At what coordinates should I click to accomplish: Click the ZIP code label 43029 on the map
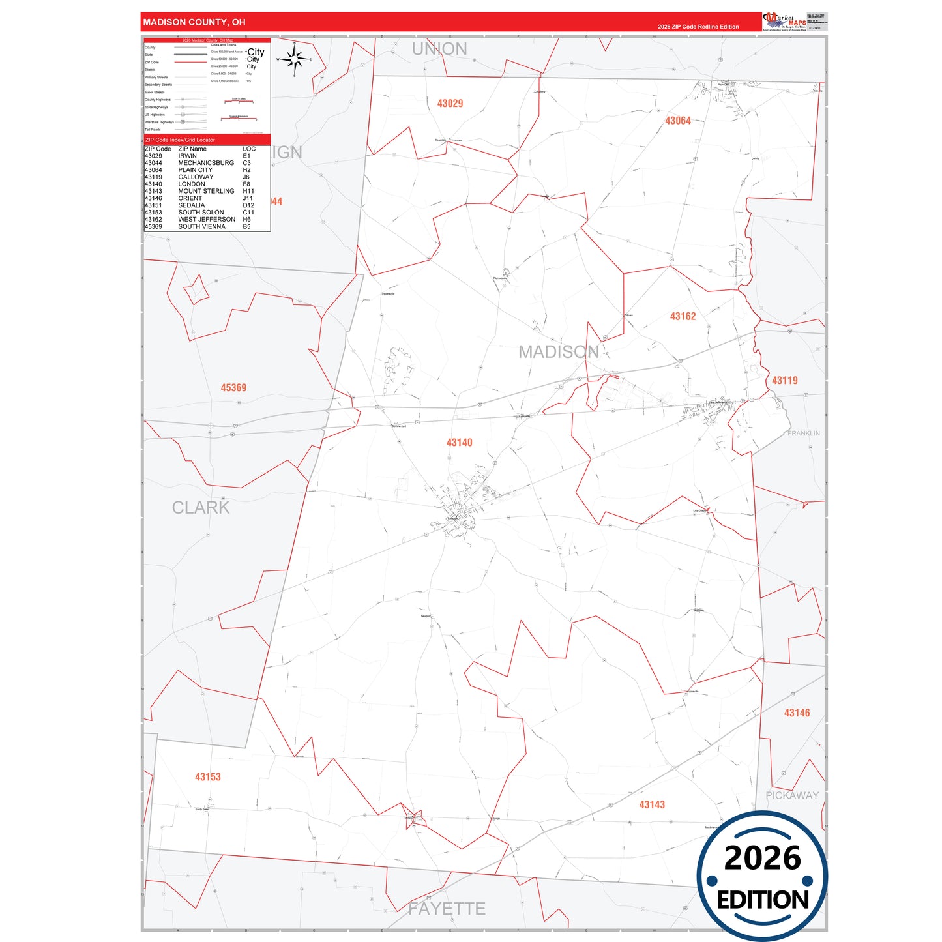click(450, 104)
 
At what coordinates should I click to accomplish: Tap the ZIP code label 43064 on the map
click(677, 121)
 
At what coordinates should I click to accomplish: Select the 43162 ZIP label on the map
click(683, 316)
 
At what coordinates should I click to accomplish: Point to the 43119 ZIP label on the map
click(784, 380)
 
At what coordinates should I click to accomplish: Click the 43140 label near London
click(459, 443)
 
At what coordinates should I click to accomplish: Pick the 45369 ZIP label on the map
click(233, 388)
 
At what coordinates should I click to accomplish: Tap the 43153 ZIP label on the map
click(207, 777)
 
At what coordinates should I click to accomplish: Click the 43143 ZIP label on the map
click(651, 805)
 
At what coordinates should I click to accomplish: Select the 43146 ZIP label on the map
click(797, 713)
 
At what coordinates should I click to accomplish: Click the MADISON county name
click(559, 352)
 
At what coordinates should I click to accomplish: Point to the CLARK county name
click(201, 508)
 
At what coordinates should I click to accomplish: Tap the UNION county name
click(439, 49)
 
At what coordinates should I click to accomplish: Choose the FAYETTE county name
click(447, 909)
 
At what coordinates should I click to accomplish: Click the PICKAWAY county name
click(791, 795)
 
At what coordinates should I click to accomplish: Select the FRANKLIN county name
click(803, 434)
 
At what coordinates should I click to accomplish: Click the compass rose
click(295, 60)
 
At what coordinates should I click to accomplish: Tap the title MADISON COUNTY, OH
click(194, 22)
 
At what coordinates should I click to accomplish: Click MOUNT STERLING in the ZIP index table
click(206, 191)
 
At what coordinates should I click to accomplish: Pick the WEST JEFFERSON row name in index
click(207, 220)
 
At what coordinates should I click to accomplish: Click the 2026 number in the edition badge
click(762, 858)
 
